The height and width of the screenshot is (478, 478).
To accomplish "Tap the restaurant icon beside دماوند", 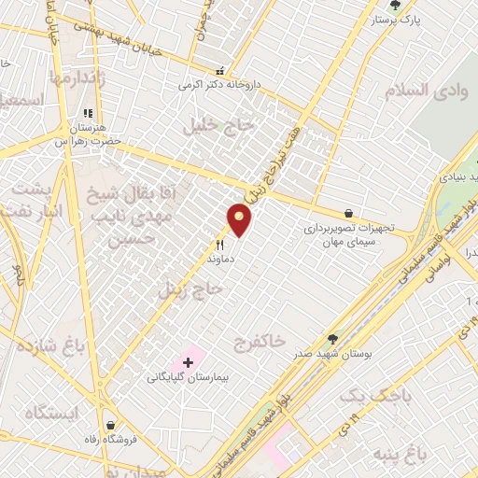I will (x=220, y=245).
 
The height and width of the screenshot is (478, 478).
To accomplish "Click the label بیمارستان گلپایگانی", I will (x=193, y=379).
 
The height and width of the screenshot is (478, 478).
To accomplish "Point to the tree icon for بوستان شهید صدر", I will (x=331, y=339).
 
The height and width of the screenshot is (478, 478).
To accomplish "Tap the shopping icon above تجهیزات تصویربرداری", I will (x=348, y=213).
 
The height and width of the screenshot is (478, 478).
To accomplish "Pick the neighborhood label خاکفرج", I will (x=258, y=341).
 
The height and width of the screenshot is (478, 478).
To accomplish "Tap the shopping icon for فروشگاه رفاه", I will (x=111, y=425).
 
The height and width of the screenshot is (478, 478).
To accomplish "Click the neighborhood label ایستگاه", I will (x=50, y=412).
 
